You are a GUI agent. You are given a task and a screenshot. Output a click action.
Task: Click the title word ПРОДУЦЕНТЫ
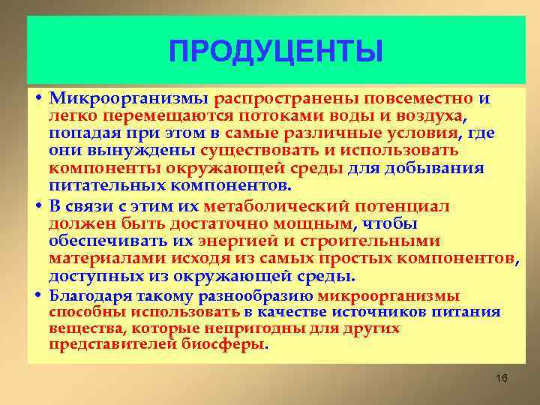(x=275, y=52)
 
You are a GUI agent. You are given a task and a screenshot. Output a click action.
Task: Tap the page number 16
(x=502, y=379)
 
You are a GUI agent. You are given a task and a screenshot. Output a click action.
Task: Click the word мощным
(x=316, y=224)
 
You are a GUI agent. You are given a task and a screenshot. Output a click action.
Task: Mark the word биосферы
(x=223, y=345)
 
